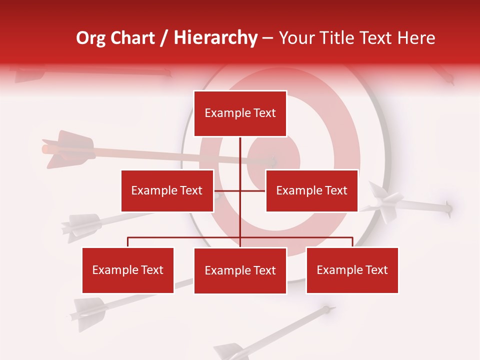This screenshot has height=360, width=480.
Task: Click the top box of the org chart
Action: point(240,113)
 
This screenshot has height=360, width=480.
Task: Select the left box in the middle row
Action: point(167,190)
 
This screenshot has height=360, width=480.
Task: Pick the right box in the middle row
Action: point(311,190)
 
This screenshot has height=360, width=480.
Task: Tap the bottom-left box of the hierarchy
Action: point(128,270)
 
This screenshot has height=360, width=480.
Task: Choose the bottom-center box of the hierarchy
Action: point(240,270)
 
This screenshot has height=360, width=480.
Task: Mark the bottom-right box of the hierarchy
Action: point(352,270)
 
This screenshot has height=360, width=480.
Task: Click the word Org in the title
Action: point(90,38)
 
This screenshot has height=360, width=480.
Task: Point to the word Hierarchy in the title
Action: point(215,38)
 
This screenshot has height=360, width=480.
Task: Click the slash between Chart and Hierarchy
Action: point(164,38)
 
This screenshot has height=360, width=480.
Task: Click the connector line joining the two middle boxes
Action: point(239,190)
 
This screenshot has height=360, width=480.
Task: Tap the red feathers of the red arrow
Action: point(67,148)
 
